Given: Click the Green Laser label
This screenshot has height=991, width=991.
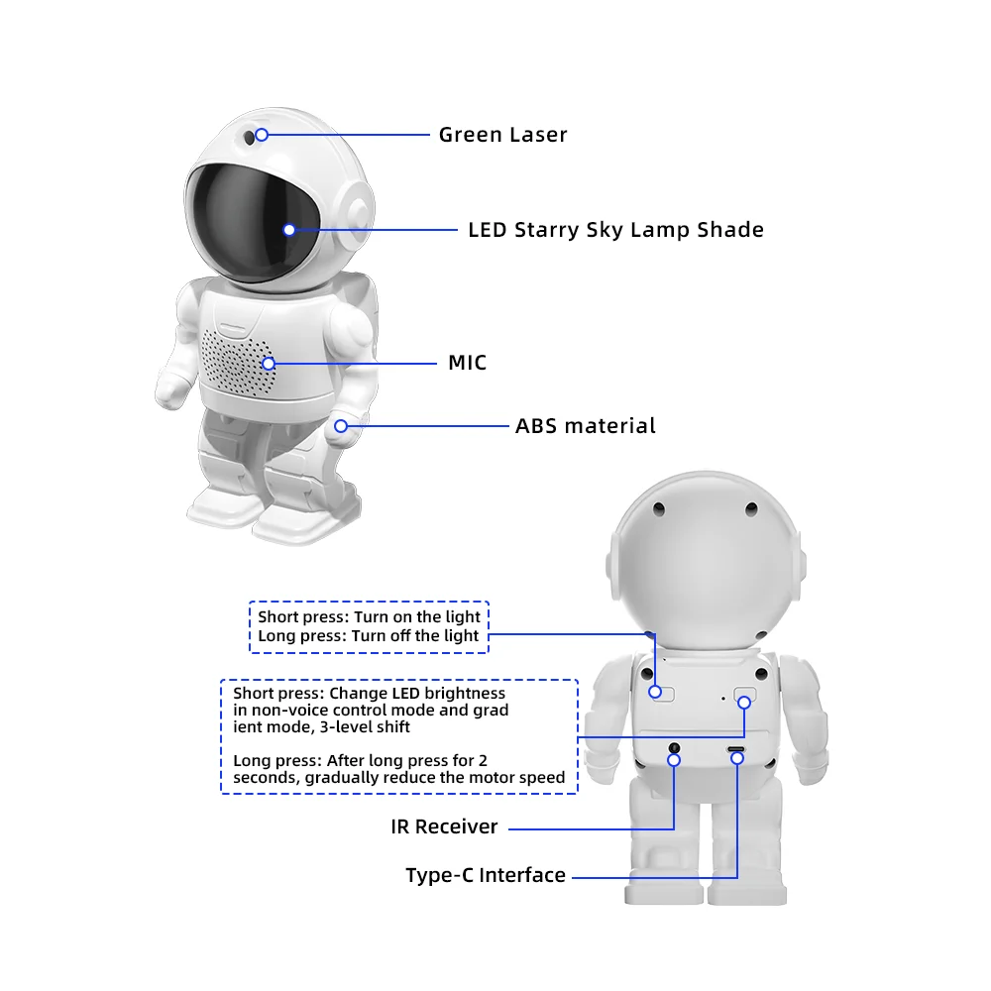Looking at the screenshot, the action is click(x=502, y=134).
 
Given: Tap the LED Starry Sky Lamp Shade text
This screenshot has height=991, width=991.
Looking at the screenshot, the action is click(x=615, y=230).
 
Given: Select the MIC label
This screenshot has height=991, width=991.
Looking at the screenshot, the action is click(x=467, y=363).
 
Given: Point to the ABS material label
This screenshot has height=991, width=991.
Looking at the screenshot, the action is click(x=585, y=426).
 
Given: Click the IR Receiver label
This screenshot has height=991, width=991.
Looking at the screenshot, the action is click(x=444, y=826).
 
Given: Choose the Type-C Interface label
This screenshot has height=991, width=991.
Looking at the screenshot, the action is click(x=486, y=875).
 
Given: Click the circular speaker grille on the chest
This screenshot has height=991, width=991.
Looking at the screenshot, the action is click(x=238, y=362).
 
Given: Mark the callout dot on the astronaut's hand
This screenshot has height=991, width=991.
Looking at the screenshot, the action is click(x=341, y=426).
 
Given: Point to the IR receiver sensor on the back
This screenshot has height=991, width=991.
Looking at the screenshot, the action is click(x=675, y=747).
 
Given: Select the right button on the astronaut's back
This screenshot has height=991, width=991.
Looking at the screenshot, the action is click(x=744, y=696).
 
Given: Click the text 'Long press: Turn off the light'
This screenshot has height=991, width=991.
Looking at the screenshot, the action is click(x=368, y=635).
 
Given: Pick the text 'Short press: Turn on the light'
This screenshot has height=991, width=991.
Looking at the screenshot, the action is click(x=369, y=616).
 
